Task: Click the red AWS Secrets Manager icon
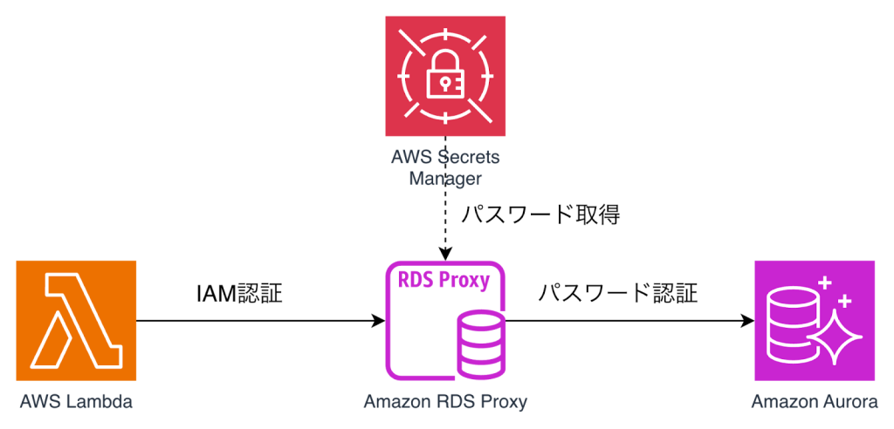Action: pyautogui.click(x=445, y=75)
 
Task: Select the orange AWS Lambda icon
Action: pyautogui.click(x=76, y=320)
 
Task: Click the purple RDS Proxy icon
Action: pyautogui.click(x=445, y=320)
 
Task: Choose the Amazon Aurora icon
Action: pyautogui.click(x=815, y=320)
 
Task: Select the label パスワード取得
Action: pyautogui.click(x=540, y=214)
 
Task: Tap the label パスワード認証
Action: pyautogui.click(x=617, y=293)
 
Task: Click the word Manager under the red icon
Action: pyautogui.click(x=445, y=180)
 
